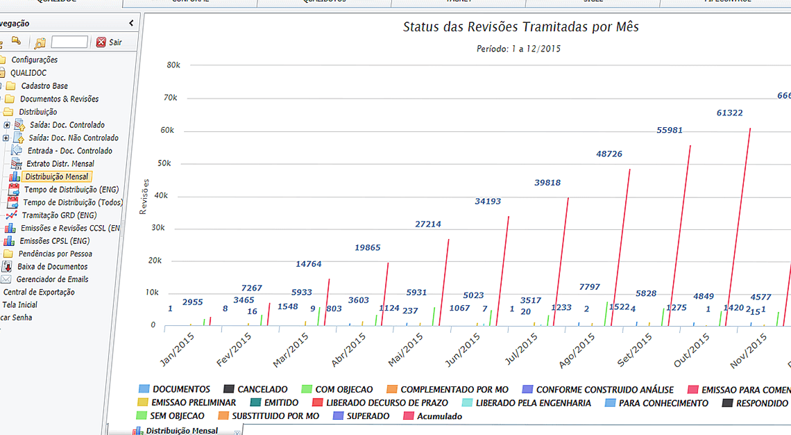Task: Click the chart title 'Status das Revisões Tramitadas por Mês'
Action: pyautogui.click(x=520, y=27)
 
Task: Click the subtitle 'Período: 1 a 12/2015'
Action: pyautogui.click(x=518, y=49)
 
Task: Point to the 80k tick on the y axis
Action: pyautogui.click(x=173, y=65)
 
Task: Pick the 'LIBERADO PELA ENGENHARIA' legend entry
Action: pyautogui.click(x=533, y=403)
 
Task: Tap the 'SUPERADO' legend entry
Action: pyautogui.click(x=368, y=416)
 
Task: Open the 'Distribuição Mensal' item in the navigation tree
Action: pyautogui.click(x=57, y=177)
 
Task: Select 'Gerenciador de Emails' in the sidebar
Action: pyautogui.click(x=53, y=279)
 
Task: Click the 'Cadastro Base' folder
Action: pyautogui.click(x=44, y=86)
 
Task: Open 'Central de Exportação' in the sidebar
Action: pyautogui.click(x=39, y=292)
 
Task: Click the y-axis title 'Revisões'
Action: pyautogui.click(x=144, y=197)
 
